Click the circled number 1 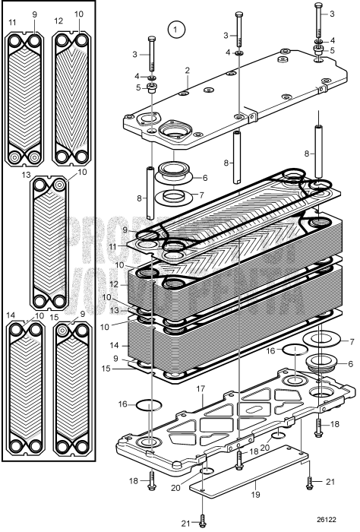(177, 30)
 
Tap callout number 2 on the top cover (186, 70)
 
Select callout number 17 (201, 388)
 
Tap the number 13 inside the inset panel (27, 176)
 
